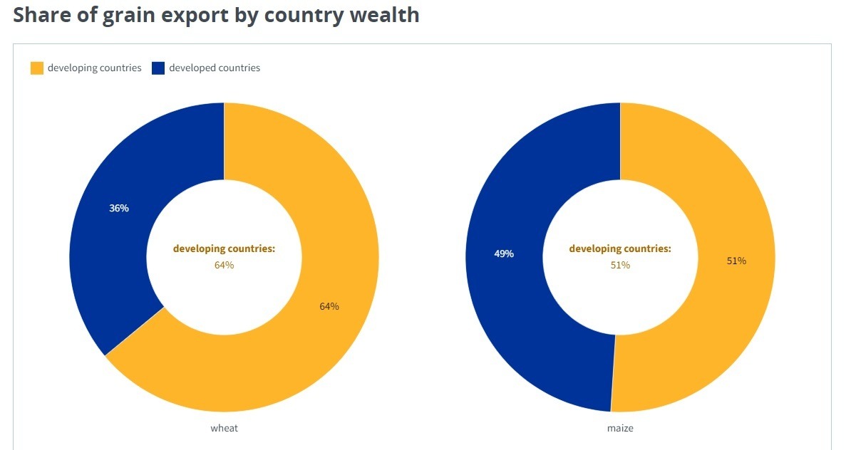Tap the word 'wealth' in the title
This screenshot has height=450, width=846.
click(x=384, y=14)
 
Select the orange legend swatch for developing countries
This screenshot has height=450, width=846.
click(x=37, y=68)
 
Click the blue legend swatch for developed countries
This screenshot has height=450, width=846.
click(x=158, y=68)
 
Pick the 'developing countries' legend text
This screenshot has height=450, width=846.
click(x=94, y=68)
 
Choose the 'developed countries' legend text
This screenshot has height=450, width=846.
click(x=215, y=68)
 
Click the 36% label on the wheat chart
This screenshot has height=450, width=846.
click(x=119, y=209)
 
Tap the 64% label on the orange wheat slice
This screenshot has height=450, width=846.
click(x=329, y=306)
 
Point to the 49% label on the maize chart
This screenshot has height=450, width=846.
click(x=504, y=253)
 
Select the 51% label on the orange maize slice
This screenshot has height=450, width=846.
click(x=736, y=261)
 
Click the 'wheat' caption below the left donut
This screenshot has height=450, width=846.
click(x=224, y=428)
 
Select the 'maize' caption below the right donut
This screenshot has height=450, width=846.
click(x=620, y=428)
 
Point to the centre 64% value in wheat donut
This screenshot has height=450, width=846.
click(x=224, y=265)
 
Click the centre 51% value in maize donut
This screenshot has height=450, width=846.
click(x=620, y=265)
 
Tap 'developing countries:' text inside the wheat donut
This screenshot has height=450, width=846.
click(x=224, y=248)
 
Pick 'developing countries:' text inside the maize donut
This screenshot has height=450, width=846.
click(x=620, y=248)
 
